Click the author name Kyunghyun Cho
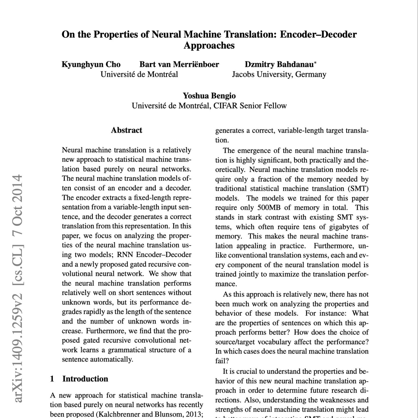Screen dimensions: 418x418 point(91,64)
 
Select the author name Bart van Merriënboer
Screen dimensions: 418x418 point(179,64)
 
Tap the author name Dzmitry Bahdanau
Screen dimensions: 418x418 point(279,64)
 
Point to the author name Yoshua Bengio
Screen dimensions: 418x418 point(209,96)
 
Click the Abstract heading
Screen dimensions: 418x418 point(127,130)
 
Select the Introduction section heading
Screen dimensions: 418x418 point(85,379)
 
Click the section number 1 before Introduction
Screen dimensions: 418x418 point(52,379)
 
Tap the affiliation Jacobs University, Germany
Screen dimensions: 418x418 point(279,75)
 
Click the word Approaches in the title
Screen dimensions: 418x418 point(209,46)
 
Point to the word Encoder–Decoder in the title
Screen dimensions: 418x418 point(318,34)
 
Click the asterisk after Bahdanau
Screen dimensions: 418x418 point(316,63)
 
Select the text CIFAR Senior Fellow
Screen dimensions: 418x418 point(250,106)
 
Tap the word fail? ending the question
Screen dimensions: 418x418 point(222,361)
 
